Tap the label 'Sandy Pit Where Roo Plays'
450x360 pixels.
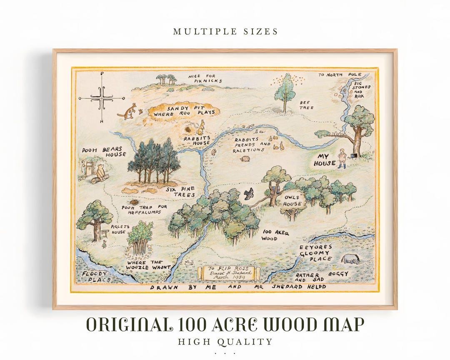click(x=184, y=110)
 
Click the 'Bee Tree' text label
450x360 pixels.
click(x=306, y=105)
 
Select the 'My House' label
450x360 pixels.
click(x=325, y=160)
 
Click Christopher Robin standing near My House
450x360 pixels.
click(x=342, y=158)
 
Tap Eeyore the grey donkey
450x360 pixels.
click(x=350, y=259)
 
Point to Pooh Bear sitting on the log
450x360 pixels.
click(x=100, y=172)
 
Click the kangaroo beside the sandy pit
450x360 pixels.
click(x=127, y=111)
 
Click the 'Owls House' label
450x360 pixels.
click(x=292, y=200)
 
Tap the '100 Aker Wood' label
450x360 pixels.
click(x=275, y=235)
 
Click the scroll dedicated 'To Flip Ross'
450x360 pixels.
click(x=229, y=273)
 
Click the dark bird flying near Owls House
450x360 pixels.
click(x=249, y=193)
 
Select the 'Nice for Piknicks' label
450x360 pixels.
click(x=205, y=78)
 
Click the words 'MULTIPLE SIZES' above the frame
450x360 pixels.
click(x=225, y=32)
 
